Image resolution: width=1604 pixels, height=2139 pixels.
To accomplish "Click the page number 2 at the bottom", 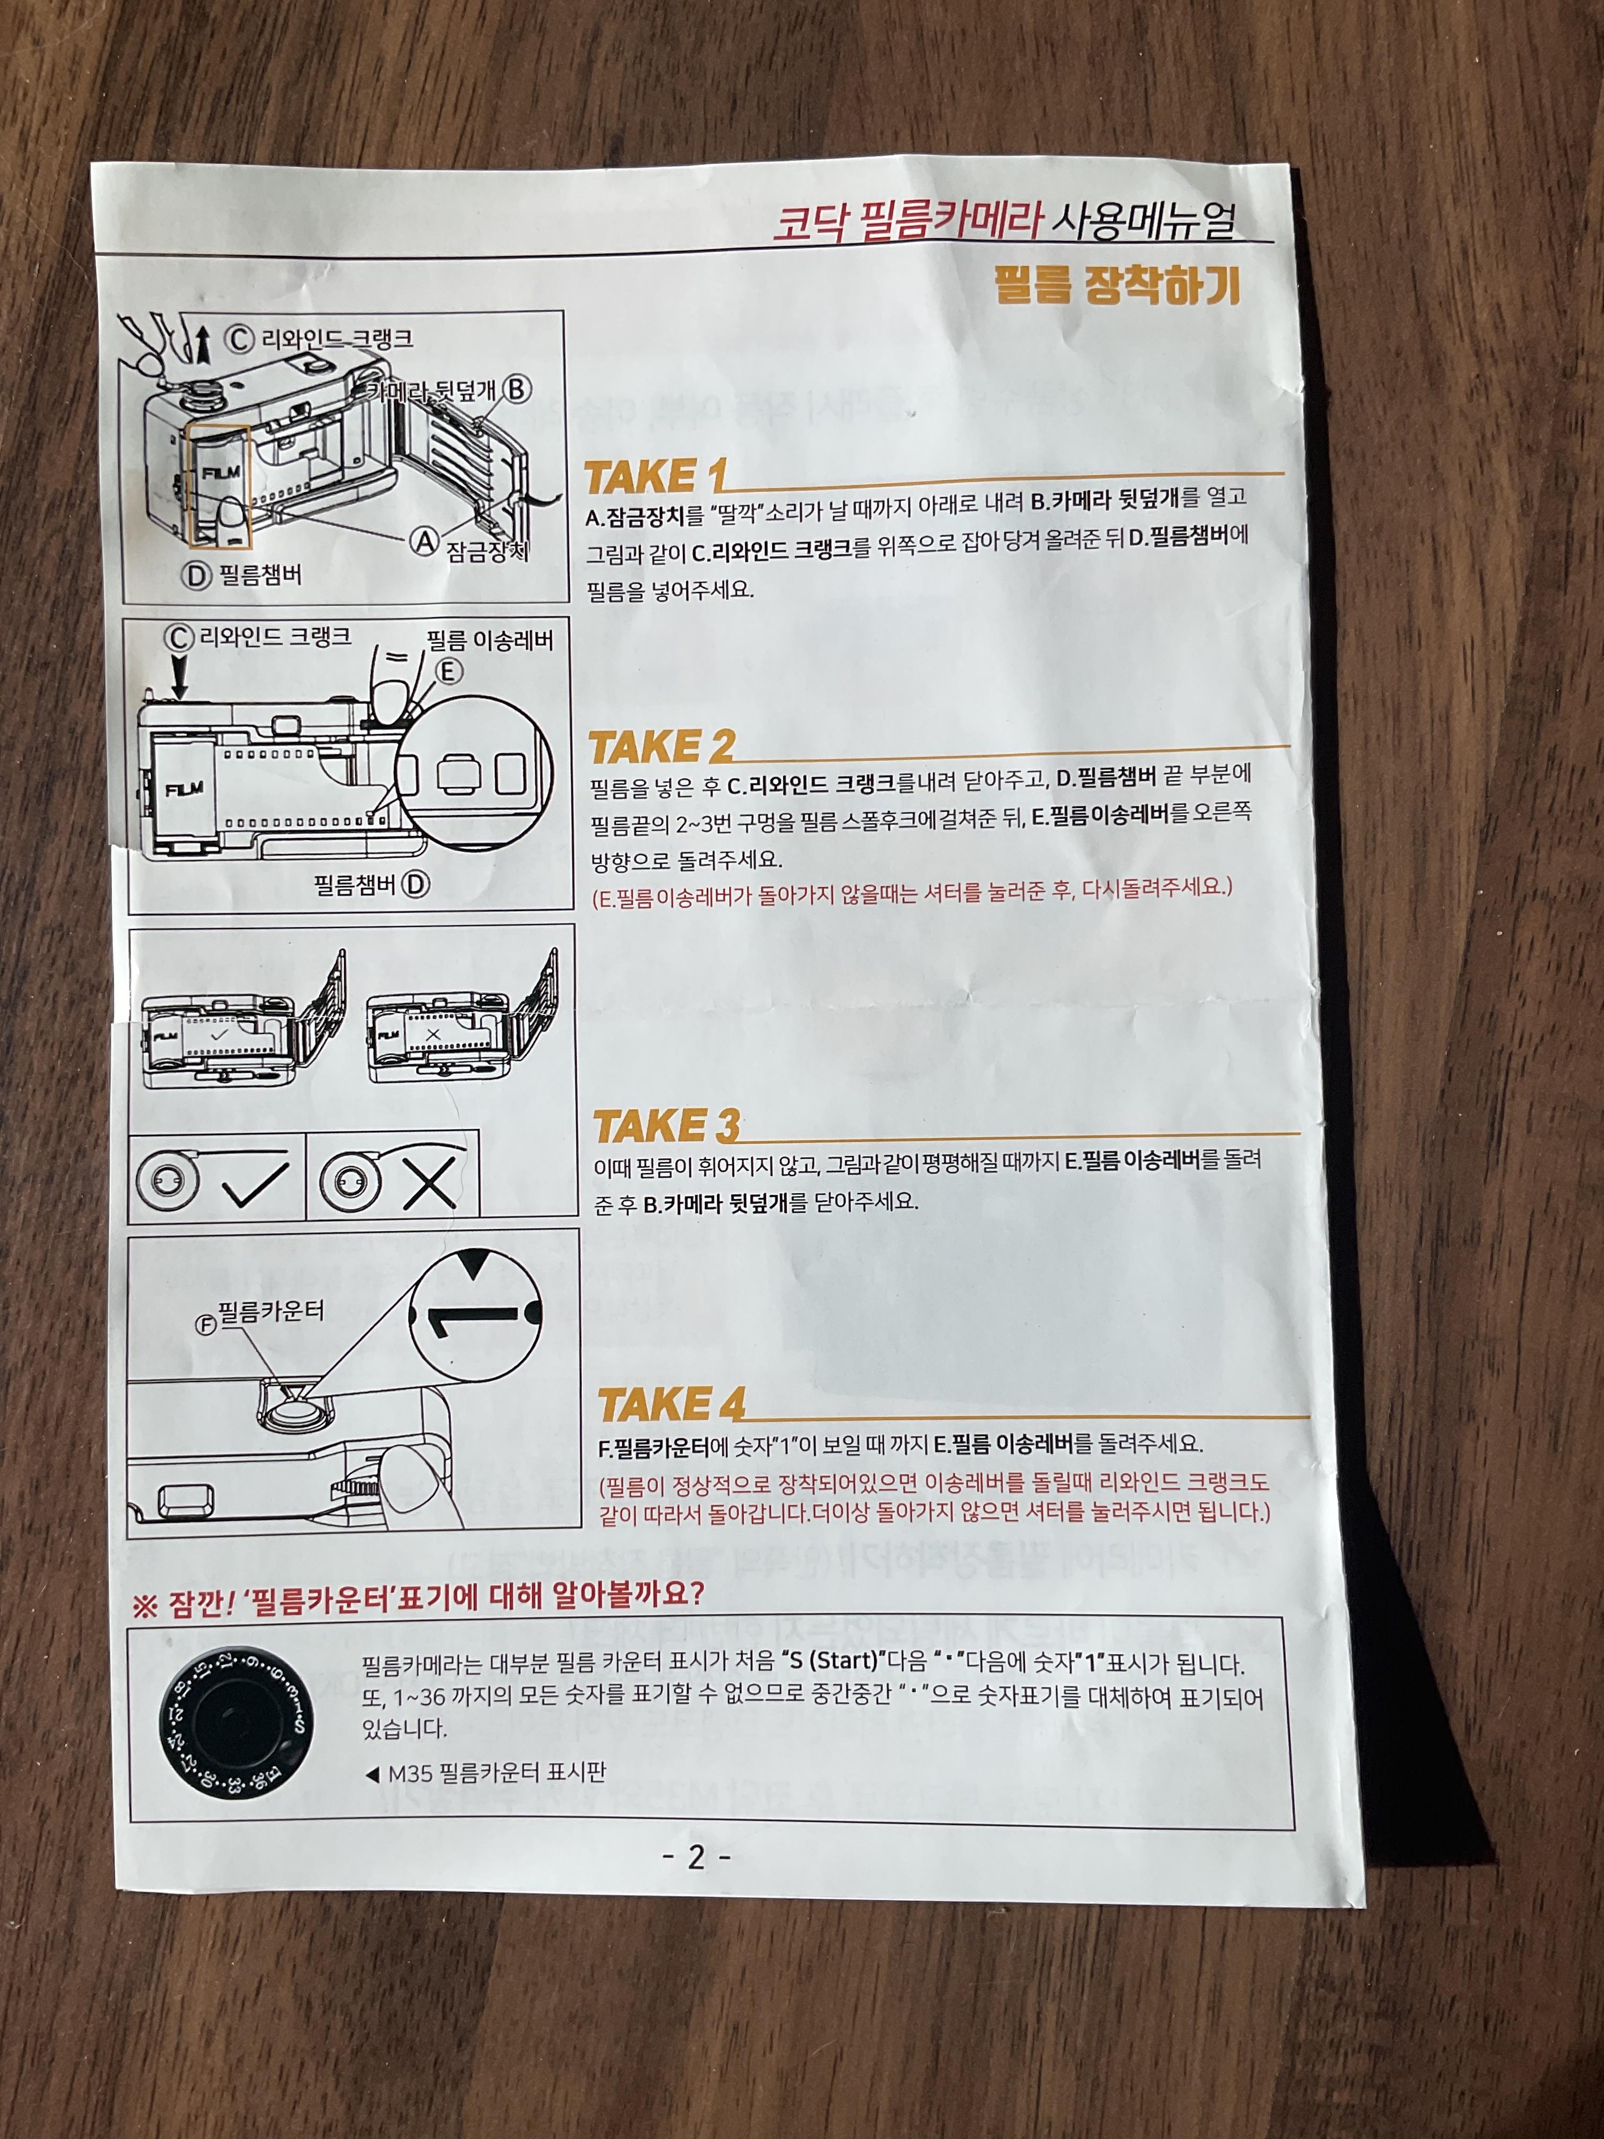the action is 696,1857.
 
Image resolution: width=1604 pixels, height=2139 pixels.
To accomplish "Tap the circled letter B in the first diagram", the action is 518,390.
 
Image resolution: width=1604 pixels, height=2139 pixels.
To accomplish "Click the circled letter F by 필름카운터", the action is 205,1325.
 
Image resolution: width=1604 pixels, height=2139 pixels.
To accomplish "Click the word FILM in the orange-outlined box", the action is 221,473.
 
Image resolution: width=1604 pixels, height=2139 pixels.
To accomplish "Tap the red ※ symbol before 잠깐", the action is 144,1607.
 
